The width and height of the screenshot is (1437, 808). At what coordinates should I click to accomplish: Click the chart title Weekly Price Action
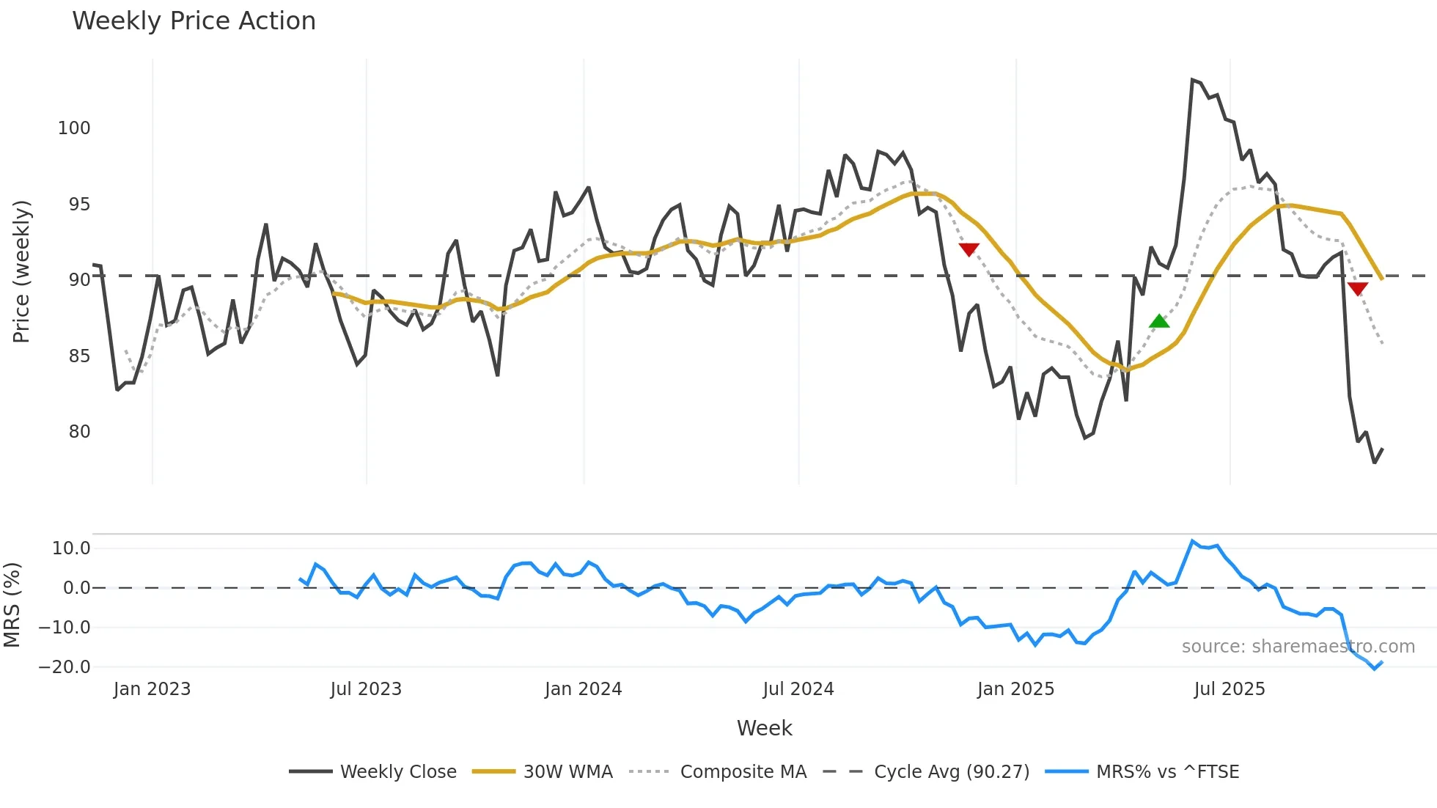[x=194, y=21]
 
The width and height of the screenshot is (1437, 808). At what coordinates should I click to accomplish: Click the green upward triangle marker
[x=1159, y=321]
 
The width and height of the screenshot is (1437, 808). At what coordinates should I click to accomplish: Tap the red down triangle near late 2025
[x=1357, y=289]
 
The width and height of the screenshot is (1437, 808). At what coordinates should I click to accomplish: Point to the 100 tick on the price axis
[x=74, y=128]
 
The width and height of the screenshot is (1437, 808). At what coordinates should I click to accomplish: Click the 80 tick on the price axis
[x=79, y=432]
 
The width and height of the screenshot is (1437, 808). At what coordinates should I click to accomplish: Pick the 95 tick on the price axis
[x=79, y=205]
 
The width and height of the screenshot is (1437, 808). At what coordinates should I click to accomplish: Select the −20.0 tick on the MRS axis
[x=65, y=667]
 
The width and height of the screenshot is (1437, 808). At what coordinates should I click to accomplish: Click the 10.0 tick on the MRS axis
[x=71, y=548]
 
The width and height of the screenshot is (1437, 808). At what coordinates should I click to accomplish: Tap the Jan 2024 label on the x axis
[x=583, y=689]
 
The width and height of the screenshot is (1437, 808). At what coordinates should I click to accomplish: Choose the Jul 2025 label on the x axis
[x=1230, y=689]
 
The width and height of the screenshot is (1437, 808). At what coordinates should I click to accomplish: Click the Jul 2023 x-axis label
[x=366, y=689]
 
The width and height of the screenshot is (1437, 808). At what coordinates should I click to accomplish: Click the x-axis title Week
[x=764, y=728]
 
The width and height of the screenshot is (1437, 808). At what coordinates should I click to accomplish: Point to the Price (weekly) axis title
[x=22, y=271]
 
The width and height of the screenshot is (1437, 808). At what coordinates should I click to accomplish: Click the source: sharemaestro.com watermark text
[x=1298, y=647]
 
